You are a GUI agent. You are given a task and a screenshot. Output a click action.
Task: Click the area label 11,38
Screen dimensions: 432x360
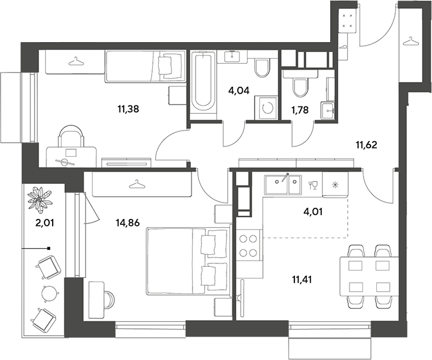point(128,109)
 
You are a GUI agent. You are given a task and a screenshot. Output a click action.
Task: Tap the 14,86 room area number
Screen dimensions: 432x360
point(128,222)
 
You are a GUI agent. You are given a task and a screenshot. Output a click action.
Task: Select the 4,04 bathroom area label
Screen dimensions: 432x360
point(239,90)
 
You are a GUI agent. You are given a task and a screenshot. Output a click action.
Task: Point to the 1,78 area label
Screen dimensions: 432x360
point(300,110)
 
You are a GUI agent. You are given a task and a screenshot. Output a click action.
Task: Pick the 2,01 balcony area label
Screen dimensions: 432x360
point(45,222)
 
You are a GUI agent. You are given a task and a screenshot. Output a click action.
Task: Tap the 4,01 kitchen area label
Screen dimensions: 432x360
point(313,211)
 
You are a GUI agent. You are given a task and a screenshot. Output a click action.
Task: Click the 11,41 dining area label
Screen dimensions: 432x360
point(302,280)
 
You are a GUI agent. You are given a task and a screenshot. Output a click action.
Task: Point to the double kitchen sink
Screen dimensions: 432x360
point(283,184)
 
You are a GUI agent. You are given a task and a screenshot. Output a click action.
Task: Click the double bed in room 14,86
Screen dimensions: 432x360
point(188,261)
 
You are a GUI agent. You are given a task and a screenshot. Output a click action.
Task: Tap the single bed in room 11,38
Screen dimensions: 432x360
point(145,66)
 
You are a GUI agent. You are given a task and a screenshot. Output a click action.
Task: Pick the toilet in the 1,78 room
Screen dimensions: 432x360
point(300,88)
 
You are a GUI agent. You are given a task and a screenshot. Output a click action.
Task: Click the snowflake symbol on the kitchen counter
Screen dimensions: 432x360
point(335,184)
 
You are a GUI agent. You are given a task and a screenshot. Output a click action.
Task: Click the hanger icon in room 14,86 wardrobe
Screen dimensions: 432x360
point(136,184)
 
